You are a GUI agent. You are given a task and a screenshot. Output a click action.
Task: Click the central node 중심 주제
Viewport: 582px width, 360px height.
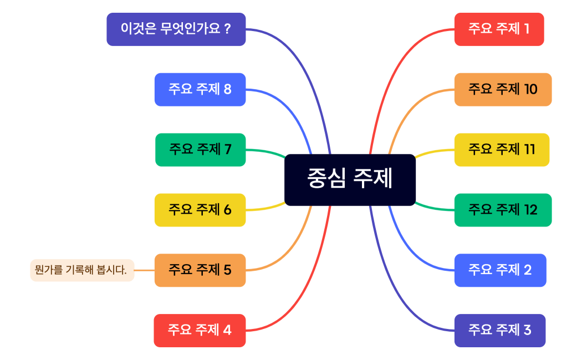tap(350, 180)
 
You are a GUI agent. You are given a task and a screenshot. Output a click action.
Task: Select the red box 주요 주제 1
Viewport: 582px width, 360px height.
tap(499, 29)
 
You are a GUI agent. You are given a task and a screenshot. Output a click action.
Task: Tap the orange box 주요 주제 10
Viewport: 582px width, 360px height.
tap(503, 89)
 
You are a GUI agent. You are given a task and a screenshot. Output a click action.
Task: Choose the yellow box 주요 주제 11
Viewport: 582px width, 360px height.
tap(502, 150)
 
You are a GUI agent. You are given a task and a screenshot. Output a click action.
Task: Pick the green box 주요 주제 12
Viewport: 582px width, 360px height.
tap(503, 210)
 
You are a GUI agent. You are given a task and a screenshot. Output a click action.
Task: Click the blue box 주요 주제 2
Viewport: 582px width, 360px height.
tap(501, 270)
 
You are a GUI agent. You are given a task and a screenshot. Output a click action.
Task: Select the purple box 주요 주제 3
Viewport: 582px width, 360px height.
tap(500, 331)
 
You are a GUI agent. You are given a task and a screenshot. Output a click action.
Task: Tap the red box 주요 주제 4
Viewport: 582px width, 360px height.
tap(200, 331)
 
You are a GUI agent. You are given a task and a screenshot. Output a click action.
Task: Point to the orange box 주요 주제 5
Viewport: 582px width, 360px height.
tap(200, 270)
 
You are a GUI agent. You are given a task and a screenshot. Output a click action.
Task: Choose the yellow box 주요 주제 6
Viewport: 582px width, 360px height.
tap(200, 210)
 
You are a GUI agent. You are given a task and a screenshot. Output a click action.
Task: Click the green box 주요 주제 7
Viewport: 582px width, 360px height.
tap(201, 150)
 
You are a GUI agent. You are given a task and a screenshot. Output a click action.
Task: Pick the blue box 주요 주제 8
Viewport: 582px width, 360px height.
tap(200, 89)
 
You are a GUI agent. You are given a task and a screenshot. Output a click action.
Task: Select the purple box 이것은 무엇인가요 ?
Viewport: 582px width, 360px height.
tap(176, 29)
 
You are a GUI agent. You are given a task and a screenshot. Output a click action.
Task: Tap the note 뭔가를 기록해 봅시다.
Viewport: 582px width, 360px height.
tap(82, 270)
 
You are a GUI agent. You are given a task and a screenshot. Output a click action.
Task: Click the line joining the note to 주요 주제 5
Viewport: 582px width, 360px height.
tap(144, 270)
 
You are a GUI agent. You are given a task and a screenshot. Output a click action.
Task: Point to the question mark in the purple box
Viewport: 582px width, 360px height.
tap(228, 29)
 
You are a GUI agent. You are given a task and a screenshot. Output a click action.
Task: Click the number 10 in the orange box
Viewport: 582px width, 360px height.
tap(531, 89)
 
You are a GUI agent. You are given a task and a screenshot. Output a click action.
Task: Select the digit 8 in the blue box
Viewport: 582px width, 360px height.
tap(227, 89)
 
